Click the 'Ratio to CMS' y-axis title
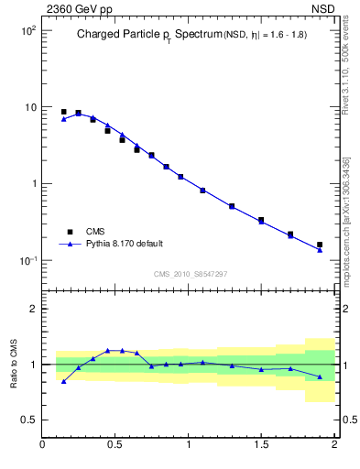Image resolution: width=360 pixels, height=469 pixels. (14, 364)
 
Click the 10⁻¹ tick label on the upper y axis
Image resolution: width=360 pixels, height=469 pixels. (27, 261)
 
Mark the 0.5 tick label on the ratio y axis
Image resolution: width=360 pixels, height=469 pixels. (29, 420)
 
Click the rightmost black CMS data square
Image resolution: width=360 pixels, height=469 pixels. (320, 245)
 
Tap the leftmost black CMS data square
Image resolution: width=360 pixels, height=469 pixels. (63, 112)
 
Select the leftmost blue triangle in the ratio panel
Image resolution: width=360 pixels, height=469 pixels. (63, 381)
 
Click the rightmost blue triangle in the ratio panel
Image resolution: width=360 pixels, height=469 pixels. (320, 376)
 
